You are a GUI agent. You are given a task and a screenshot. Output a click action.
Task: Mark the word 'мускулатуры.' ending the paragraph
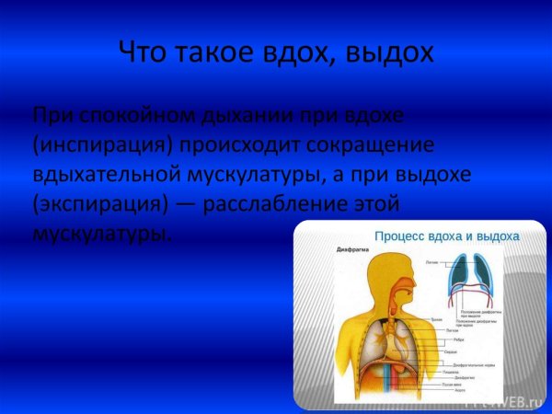tap(101, 233)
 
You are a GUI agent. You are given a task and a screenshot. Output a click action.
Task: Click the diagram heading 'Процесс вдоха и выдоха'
tap(446, 236)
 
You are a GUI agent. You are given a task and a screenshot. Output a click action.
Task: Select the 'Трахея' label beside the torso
tap(437, 319)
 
